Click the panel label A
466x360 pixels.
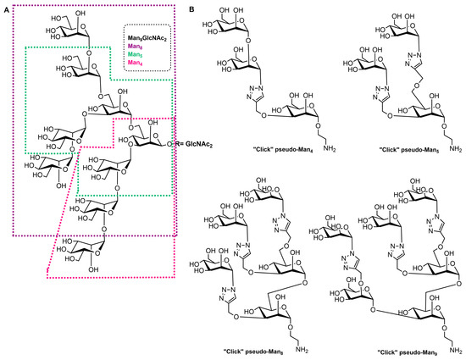(x=6, y=8)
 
